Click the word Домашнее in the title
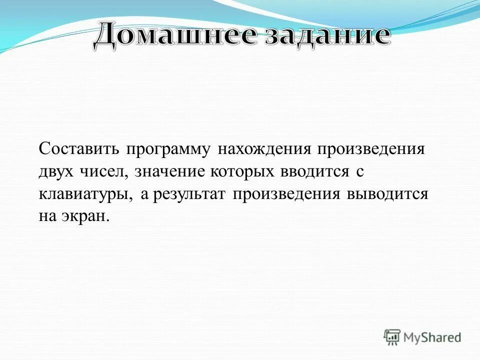click(x=172, y=36)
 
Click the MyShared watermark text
click(x=432, y=337)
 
